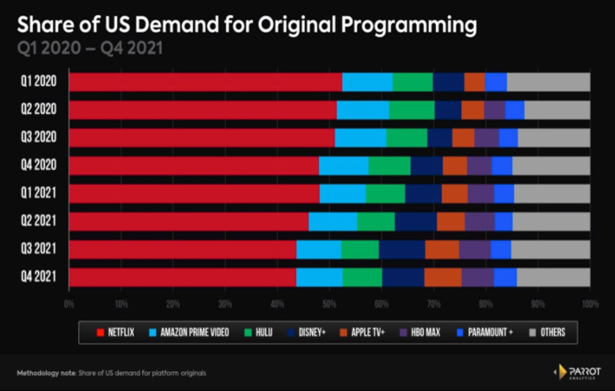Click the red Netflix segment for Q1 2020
coord(205,82)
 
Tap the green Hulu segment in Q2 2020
coord(412,109)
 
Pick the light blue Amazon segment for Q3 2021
coord(318,249)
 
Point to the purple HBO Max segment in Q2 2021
coord(480,221)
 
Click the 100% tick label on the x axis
coord(588,303)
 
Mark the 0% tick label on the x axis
coord(70,303)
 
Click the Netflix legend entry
coord(118,332)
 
